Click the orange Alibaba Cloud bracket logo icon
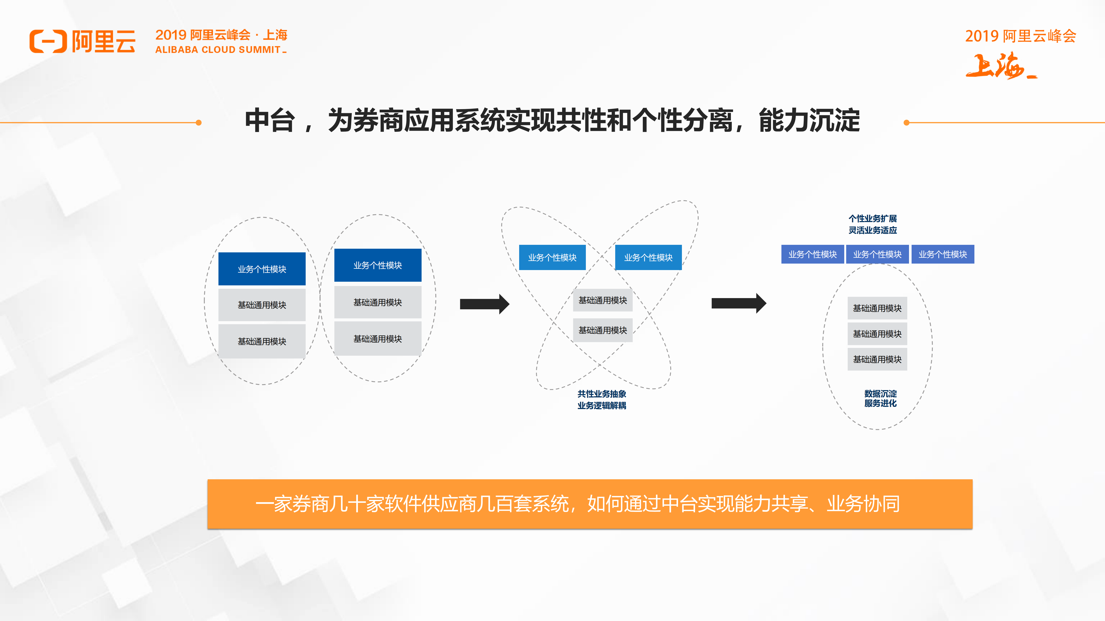(48, 42)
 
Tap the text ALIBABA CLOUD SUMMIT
(218, 50)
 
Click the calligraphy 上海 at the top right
(999, 66)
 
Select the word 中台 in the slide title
(269, 121)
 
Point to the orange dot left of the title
(199, 123)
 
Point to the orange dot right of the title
(906, 123)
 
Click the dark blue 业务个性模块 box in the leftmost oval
(262, 269)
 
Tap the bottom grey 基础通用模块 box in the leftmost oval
(262, 341)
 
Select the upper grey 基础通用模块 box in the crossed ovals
(603, 300)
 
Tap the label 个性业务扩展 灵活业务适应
(873, 224)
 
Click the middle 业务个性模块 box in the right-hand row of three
(877, 254)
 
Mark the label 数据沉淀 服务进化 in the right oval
(880, 398)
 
